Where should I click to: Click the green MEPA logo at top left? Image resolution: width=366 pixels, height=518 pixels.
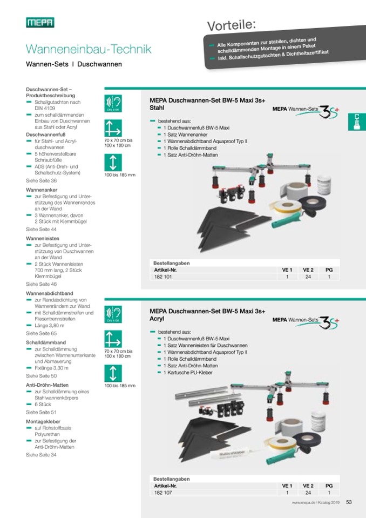[x=40, y=23]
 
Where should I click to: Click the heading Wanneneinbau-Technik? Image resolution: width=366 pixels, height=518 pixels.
[x=89, y=49]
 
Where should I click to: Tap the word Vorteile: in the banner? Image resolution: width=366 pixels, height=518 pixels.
[x=232, y=25]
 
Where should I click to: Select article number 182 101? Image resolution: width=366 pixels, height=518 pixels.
[x=163, y=277]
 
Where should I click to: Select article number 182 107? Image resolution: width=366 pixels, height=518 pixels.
[x=163, y=493]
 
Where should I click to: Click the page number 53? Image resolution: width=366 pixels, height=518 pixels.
[x=349, y=502]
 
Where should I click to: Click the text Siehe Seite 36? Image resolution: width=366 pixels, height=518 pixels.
[x=41, y=181]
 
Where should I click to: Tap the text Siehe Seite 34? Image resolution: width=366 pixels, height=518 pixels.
[x=41, y=455]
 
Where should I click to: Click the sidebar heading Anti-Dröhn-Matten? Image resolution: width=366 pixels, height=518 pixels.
[x=47, y=385]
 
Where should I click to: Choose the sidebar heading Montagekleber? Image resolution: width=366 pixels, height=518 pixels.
[x=43, y=421]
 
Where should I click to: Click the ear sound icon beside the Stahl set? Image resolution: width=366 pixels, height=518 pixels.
[x=113, y=103]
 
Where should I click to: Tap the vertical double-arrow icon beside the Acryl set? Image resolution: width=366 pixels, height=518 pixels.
[x=113, y=373]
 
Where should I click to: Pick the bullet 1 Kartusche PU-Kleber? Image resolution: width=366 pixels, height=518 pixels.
[x=188, y=372]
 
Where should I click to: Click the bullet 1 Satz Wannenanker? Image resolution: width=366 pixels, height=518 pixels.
[x=186, y=134]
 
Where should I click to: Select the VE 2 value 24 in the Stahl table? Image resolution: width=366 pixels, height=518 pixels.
[x=308, y=277]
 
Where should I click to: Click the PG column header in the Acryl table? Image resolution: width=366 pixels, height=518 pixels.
[x=329, y=486]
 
